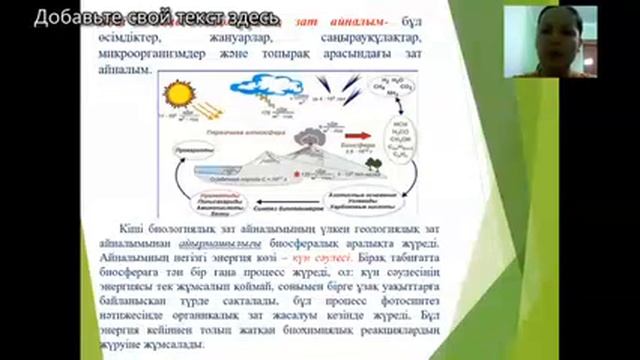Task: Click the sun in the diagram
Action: (177, 99)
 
